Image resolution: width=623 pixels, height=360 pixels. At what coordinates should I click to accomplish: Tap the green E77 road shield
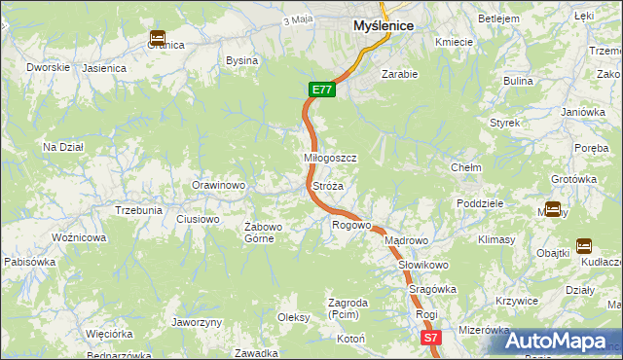(x=323, y=90)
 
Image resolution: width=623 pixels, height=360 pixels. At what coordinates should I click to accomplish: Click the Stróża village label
(x=327, y=185)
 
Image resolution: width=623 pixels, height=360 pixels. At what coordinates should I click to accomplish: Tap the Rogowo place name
(x=351, y=225)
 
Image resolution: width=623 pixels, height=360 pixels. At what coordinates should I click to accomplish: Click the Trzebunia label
(x=138, y=210)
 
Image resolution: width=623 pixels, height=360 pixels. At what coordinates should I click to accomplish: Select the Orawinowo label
(x=217, y=185)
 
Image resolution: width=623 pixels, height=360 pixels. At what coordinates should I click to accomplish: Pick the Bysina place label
(x=241, y=60)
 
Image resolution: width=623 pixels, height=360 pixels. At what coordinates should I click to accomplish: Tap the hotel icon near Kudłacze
(x=584, y=246)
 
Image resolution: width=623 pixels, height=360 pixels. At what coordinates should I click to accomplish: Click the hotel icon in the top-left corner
(x=157, y=38)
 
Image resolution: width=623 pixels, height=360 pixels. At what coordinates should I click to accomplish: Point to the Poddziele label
(x=479, y=203)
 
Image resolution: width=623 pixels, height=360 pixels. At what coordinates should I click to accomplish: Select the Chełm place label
(x=465, y=167)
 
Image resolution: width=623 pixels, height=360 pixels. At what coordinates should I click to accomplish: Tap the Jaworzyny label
(x=197, y=322)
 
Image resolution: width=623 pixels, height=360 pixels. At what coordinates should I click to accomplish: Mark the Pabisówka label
(x=29, y=262)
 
